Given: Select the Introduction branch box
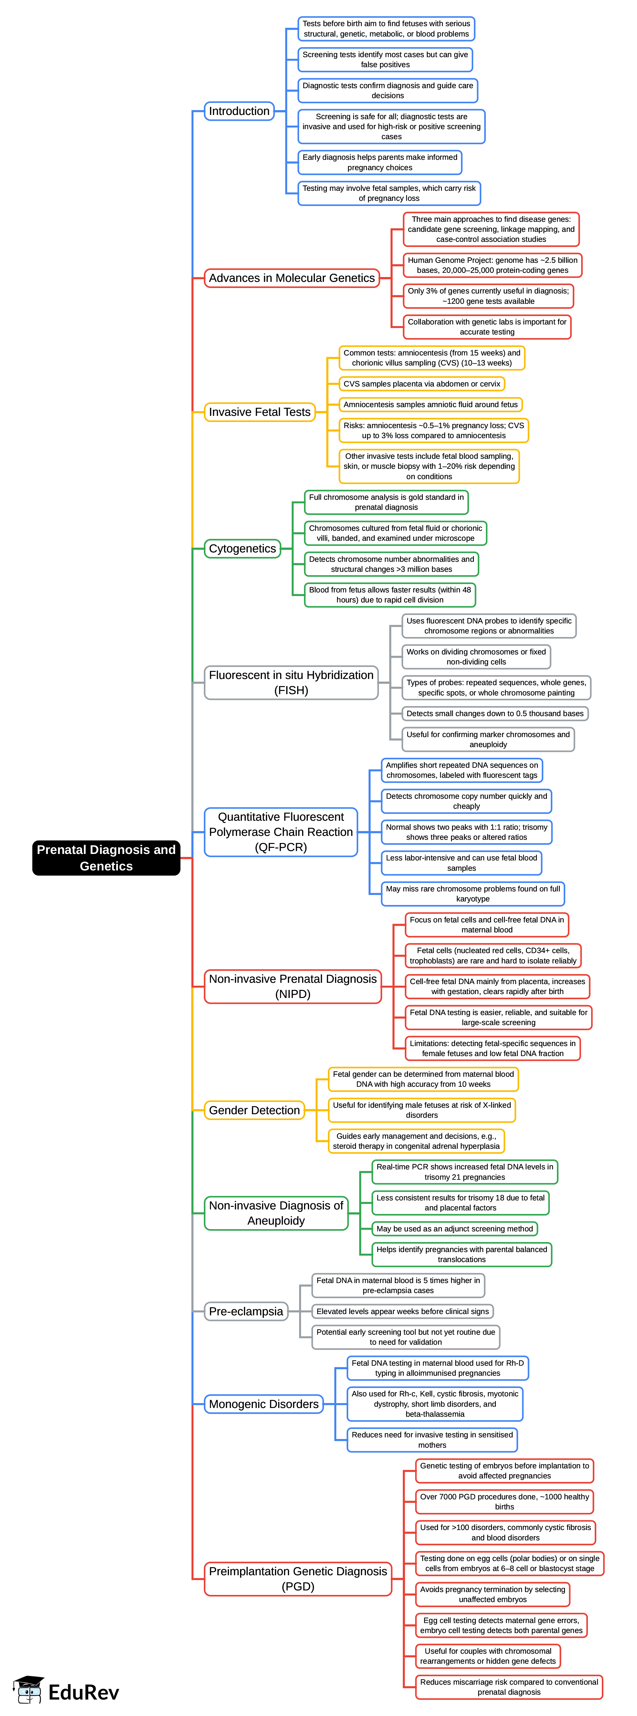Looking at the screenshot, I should pos(239,111).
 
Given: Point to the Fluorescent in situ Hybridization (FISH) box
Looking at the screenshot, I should pos(291,682).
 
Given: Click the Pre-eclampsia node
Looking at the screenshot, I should pos(246,1311).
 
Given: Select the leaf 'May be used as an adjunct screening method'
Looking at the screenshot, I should pos(454,1228).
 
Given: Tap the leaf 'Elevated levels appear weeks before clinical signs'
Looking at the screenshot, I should pos(402,1311).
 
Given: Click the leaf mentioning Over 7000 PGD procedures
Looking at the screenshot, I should pos(505,1502).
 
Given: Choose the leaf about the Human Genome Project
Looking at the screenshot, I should pos(492,265).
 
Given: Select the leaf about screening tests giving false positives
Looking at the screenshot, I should pos(385,59).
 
